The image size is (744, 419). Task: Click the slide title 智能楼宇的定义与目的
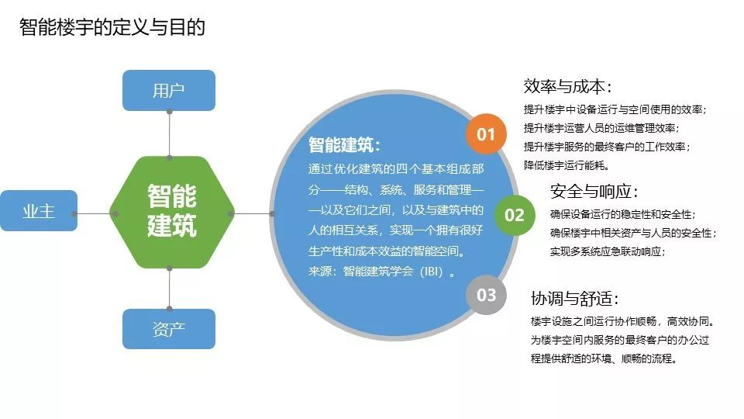coord(112,27)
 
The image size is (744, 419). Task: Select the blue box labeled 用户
coord(169,90)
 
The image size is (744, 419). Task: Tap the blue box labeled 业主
coord(39,210)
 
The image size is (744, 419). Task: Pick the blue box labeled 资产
coord(169,329)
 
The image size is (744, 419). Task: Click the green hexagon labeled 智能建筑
coord(172,212)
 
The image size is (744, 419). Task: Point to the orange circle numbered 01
coord(485,134)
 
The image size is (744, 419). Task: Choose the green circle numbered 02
coord(515,215)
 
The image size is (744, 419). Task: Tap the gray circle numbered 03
coord(486,295)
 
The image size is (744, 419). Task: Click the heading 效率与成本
coord(567,86)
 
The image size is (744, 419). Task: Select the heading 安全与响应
coord(594,191)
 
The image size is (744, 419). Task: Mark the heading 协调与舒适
coord(574,298)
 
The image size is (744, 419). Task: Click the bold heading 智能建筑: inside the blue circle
coord(344,144)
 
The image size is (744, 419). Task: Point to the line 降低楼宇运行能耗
coord(567,165)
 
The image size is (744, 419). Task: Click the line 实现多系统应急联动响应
coord(608,251)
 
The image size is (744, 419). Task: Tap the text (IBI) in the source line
coord(431,272)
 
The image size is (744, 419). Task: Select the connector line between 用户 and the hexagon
coord(170,134)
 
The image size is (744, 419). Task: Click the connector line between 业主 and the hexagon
coord(94,214)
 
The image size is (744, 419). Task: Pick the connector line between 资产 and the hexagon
coord(170,289)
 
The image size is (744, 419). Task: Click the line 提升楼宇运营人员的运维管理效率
coord(601,128)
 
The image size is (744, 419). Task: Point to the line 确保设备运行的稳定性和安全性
coord(622,214)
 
